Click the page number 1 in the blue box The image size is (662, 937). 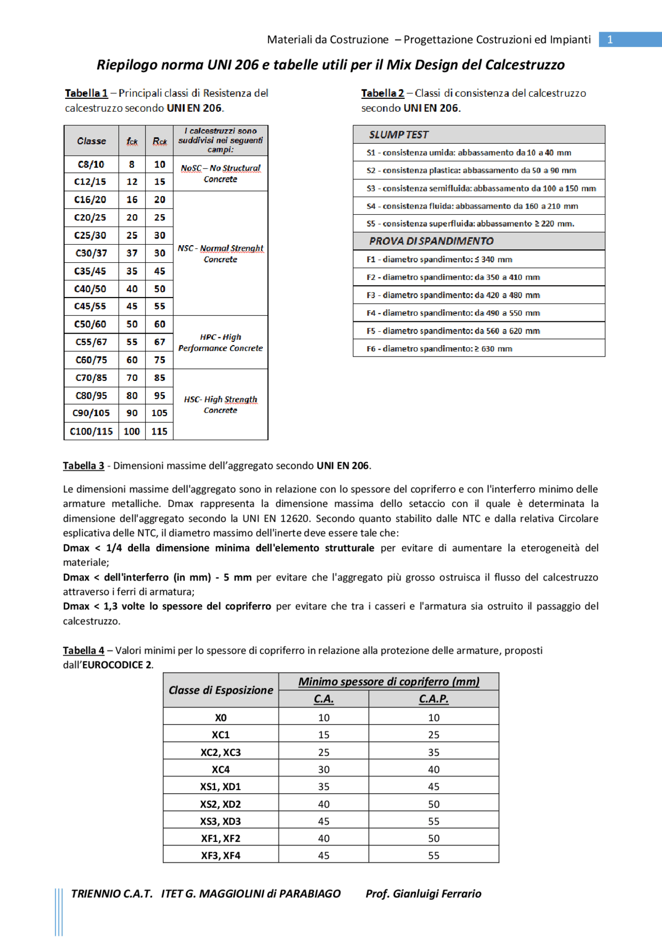point(610,40)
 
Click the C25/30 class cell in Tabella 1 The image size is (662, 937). point(91,235)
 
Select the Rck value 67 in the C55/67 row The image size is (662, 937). point(159,342)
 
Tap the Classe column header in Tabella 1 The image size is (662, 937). point(92,141)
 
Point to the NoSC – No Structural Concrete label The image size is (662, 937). point(221,173)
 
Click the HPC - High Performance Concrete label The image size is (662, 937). point(221,343)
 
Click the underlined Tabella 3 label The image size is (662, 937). point(83,466)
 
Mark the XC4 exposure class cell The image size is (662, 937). point(221,769)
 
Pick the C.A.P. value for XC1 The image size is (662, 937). point(433,735)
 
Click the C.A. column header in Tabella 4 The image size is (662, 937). point(324,699)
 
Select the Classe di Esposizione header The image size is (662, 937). point(221,690)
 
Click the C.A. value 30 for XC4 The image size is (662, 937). point(324,769)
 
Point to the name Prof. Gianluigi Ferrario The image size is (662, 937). point(423,894)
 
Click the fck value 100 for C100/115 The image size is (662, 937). point(132,431)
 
